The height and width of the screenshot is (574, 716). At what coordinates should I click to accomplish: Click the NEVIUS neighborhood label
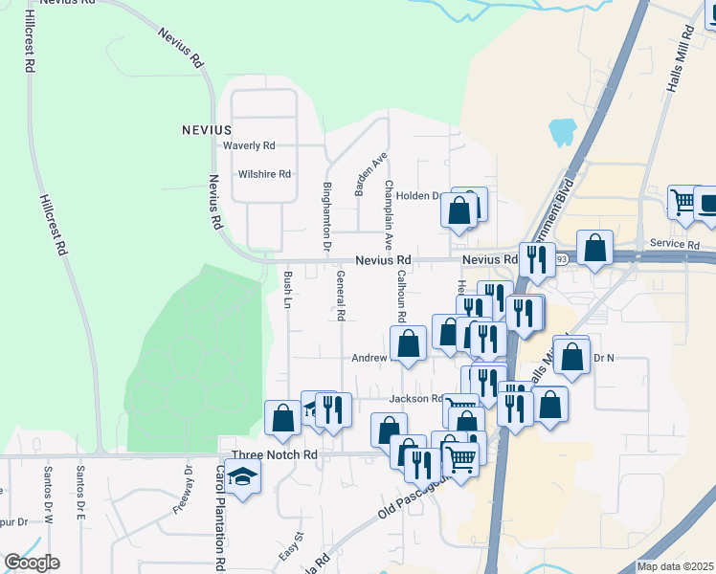pos(207,129)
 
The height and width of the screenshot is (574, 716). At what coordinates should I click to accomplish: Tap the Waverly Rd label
pos(249,146)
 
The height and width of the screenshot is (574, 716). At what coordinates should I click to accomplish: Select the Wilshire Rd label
pos(264,175)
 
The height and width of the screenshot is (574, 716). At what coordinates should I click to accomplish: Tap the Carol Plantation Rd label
pos(219,517)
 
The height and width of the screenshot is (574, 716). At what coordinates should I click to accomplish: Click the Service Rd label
pos(674,245)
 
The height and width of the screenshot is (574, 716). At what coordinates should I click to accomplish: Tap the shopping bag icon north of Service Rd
pos(594,248)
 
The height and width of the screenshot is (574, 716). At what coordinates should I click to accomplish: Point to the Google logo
pos(32,563)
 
